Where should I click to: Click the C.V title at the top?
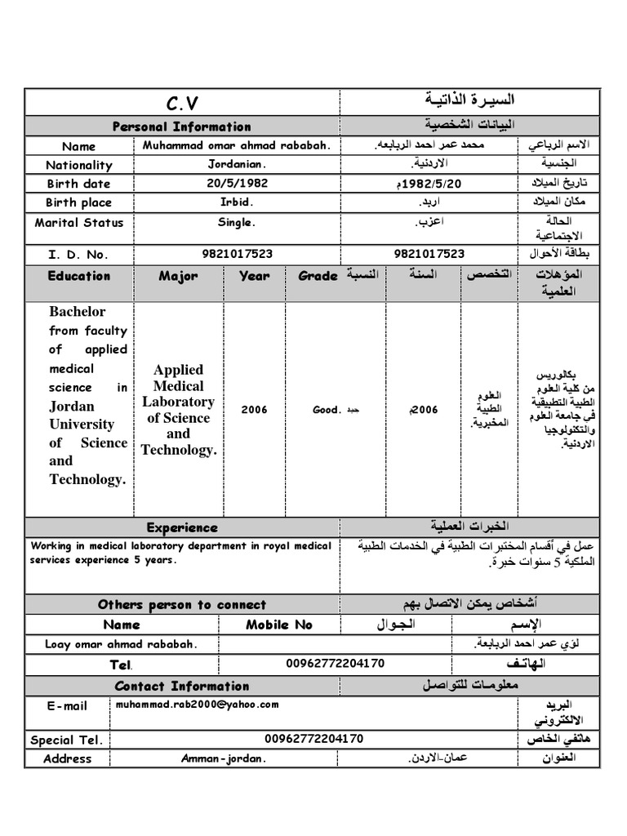click(x=182, y=104)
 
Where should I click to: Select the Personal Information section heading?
click(x=182, y=127)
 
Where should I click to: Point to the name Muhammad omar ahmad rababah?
click(x=237, y=146)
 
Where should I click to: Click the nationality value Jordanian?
click(x=237, y=165)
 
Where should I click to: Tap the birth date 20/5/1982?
click(x=237, y=184)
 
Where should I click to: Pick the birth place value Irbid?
click(x=237, y=202)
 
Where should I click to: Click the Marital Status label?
click(x=79, y=223)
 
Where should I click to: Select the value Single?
click(x=237, y=222)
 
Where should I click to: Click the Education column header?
click(x=79, y=276)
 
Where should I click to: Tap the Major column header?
click(x=178, y=276)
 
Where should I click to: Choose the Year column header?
click(x=255, y=276)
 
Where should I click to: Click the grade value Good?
click(x=326, y=410)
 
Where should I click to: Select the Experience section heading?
click(x=182, y=527)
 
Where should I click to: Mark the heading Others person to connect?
click(x=182, y=605)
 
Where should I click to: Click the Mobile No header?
click(x=279, y=625)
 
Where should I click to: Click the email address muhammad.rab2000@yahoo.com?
click(x=197, y=704)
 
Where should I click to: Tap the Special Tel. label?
click(x=67, y=740)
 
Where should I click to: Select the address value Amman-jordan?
click(x=224, y=758)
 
